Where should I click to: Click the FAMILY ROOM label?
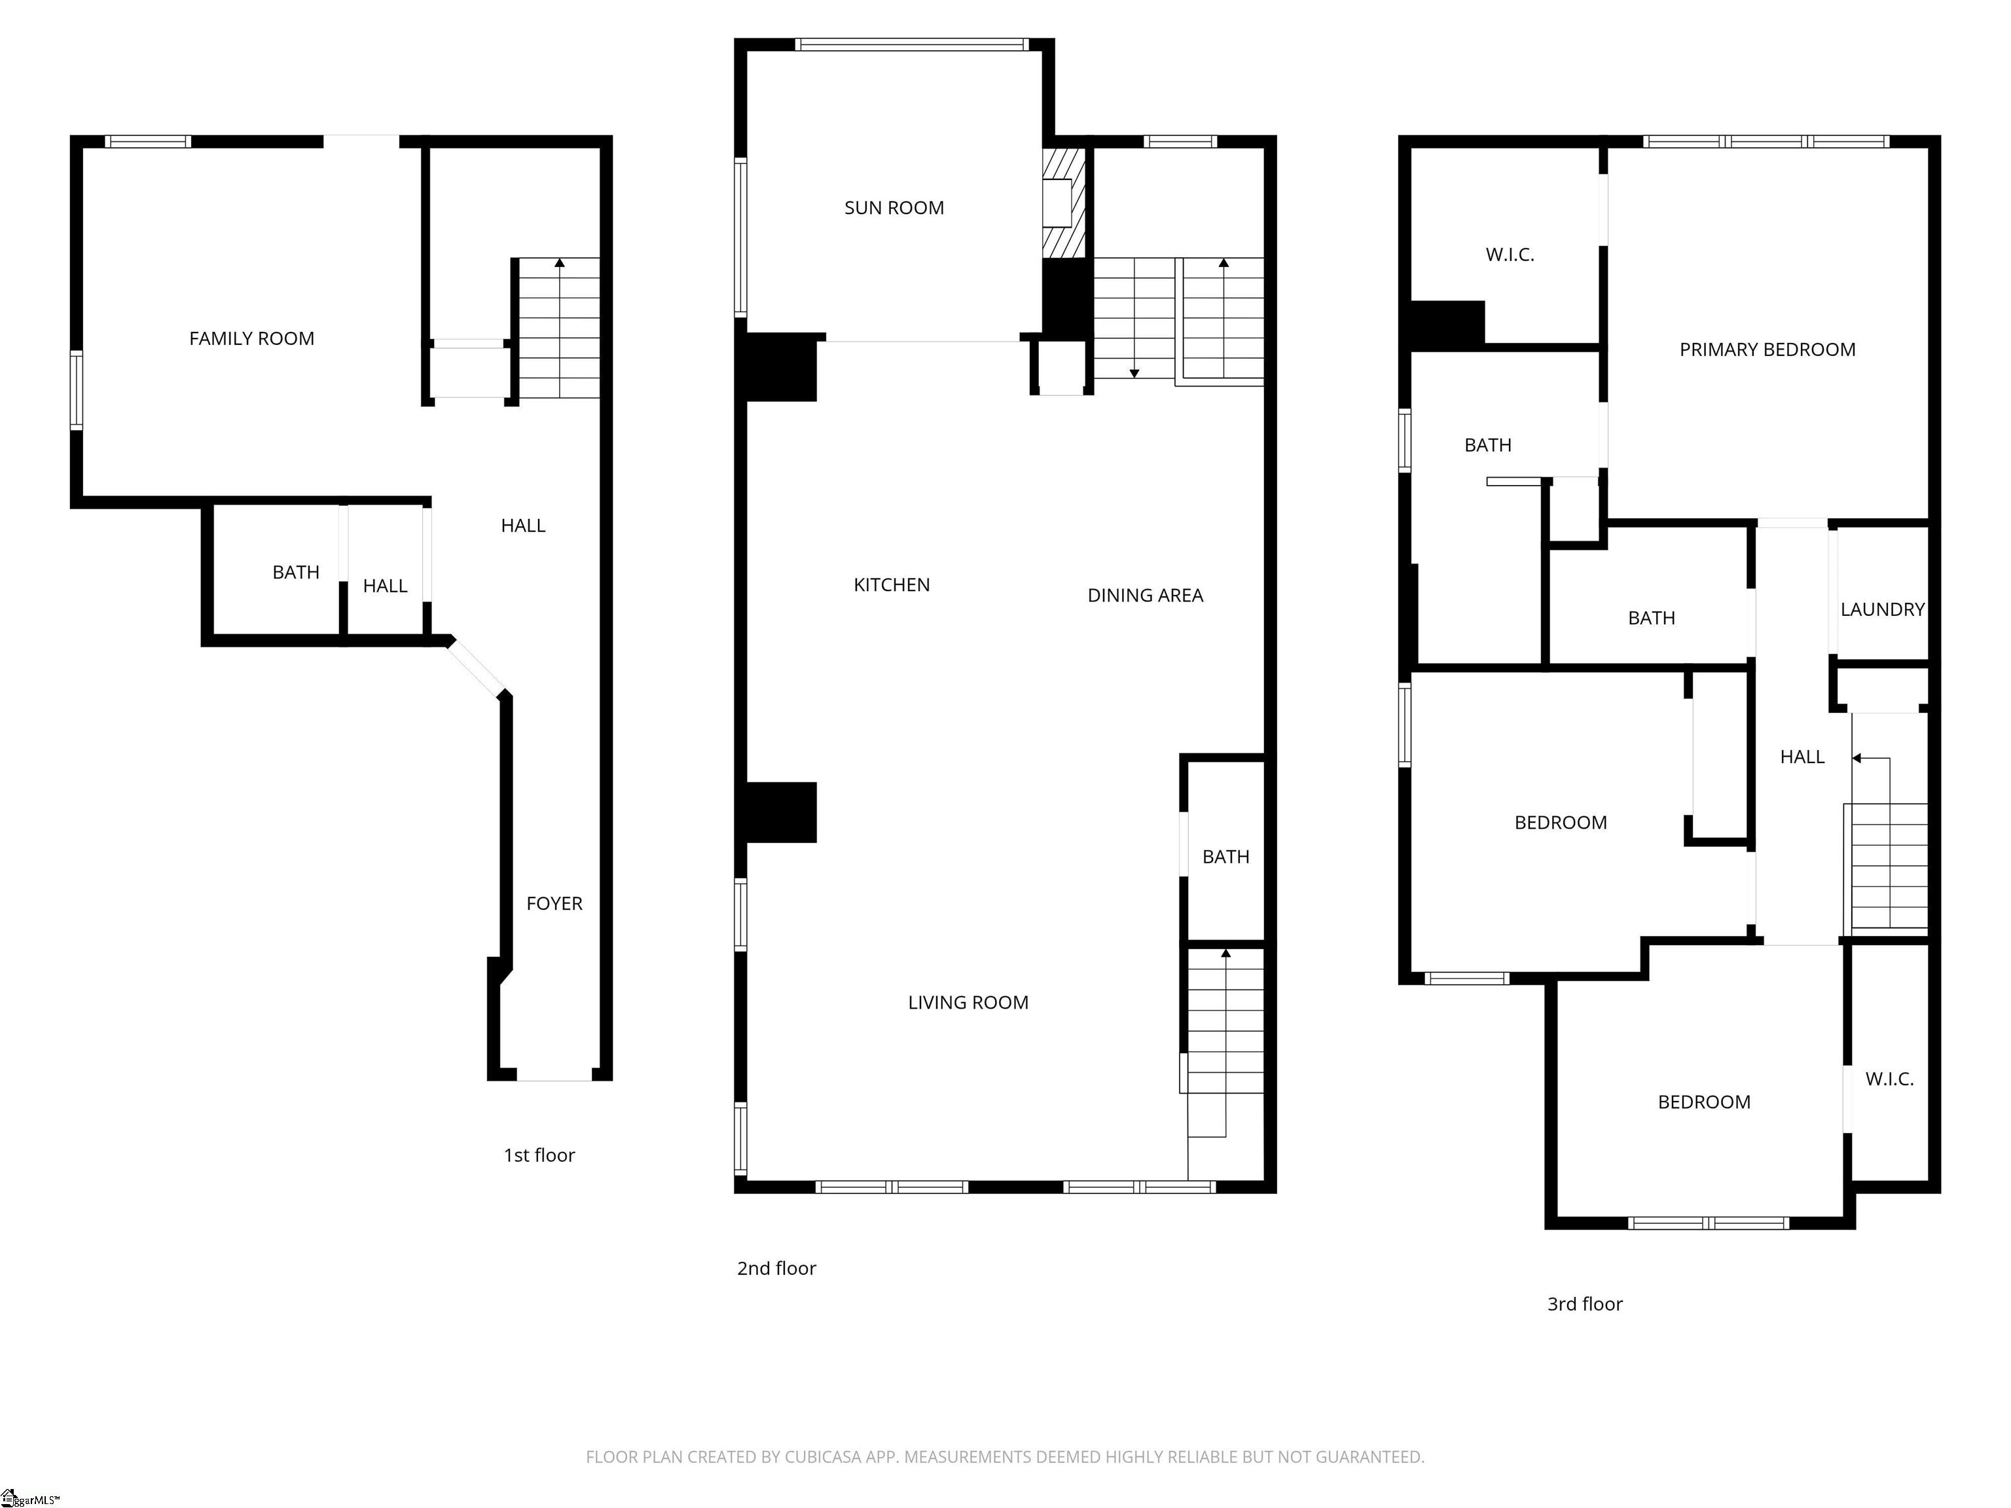[x=252, y=339]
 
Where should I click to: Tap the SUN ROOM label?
[x=894, y=208]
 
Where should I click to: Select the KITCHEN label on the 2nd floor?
[x=891, y=585]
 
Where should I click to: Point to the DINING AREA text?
[x=1146, y=596]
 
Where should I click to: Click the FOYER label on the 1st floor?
[x=554, y=903]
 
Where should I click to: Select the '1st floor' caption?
[x=539, y=1155]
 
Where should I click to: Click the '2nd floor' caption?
[x=776, y=1268]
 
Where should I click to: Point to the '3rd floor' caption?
[x=1585, y=1304]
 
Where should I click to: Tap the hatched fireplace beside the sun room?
[x=1064, y=204]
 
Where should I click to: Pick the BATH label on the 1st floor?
[x=295, y=573]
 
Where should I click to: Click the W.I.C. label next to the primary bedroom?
[x=1510, y=255]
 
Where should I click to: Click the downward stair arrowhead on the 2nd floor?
[x=1134, y=374]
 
